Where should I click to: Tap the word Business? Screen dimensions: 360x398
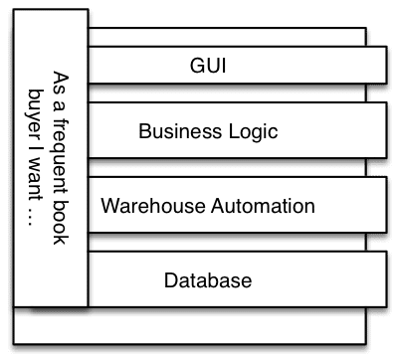171,131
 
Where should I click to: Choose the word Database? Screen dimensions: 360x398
207,280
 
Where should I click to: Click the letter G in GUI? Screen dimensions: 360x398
195,69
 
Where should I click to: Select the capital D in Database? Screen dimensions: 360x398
170,280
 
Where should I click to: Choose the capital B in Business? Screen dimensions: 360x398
144,131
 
